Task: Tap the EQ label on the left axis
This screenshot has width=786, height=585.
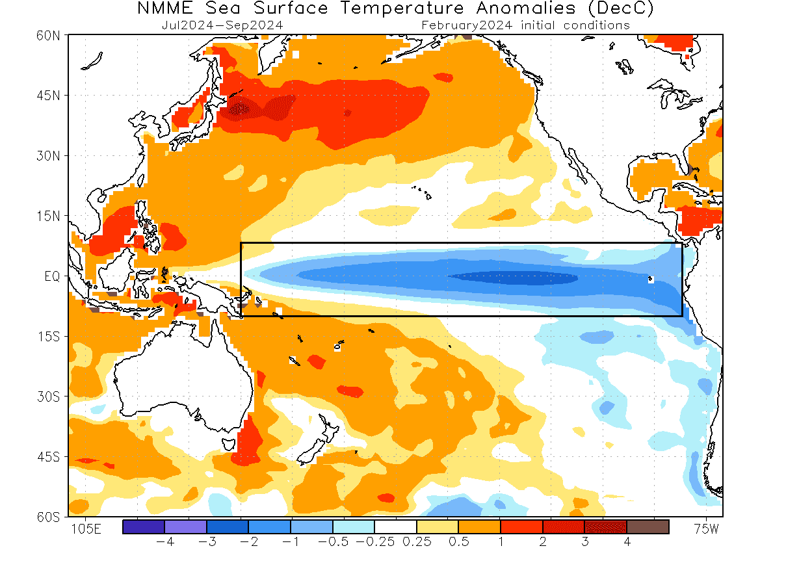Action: (53, 276)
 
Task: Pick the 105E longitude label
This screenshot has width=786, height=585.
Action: (85, 529)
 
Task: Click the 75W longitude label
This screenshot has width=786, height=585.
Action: (706, 529)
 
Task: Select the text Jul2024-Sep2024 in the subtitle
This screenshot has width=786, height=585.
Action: (222, 25)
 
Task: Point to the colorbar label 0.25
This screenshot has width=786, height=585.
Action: (416, 541)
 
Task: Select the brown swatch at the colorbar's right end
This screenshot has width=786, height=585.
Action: (648, 527)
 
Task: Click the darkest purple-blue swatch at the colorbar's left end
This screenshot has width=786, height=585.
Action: (143, 527)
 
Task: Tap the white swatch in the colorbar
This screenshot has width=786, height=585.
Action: (395, 527)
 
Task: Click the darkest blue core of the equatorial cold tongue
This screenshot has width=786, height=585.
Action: (514, 278)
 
